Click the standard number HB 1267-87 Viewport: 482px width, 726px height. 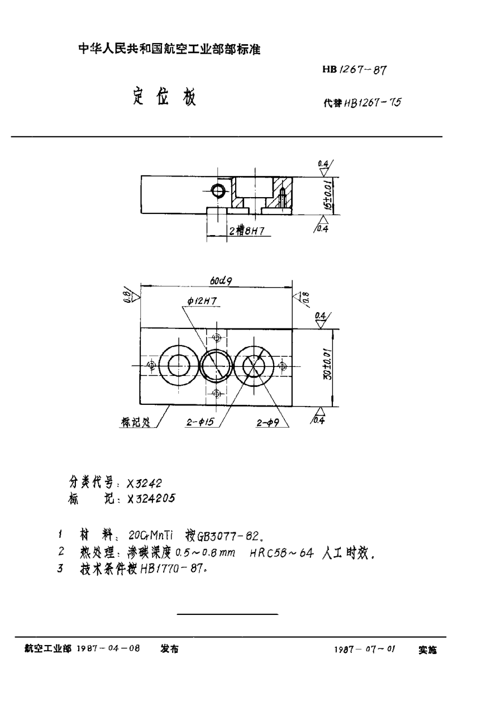354,70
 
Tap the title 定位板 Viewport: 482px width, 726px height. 164,96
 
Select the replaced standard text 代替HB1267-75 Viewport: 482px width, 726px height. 362,103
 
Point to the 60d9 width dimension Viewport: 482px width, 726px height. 221,281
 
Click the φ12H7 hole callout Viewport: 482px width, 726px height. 202,301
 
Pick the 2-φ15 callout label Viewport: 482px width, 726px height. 200,422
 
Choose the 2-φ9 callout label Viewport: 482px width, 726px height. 268,423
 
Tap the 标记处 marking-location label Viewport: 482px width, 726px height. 136,422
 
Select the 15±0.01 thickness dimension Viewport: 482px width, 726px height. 328,195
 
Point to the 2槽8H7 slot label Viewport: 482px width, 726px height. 247,231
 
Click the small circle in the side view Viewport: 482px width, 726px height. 217,191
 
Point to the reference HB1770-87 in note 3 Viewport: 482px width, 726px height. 172,569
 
